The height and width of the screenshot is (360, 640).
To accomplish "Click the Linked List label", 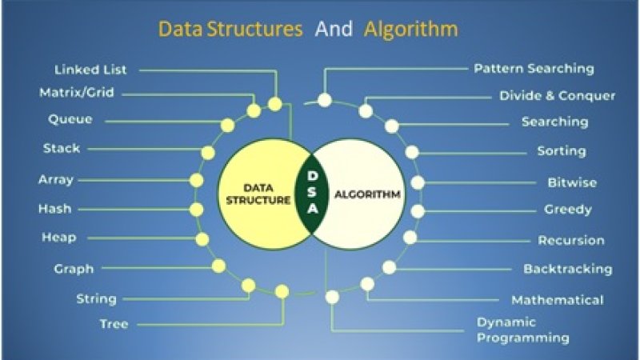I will pos(90,70).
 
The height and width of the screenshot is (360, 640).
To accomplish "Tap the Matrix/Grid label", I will pos(77,93).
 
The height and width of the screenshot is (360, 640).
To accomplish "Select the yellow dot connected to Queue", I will pos(227,125).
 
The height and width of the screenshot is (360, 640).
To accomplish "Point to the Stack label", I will pos(61,148).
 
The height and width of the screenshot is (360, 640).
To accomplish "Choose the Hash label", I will pos(54,209).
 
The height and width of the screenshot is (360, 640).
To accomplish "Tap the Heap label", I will pos(58,238).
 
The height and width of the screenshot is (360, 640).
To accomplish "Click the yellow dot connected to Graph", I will pos(218,266).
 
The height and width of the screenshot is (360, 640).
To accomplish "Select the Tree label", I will pos(114,324).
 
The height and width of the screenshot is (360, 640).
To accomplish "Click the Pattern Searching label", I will pos(534,69).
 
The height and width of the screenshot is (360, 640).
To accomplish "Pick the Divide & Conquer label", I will pos(557,96).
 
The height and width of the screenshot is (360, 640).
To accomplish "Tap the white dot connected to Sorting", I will pos(412,152).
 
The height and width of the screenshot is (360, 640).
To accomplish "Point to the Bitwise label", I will pos(572,182).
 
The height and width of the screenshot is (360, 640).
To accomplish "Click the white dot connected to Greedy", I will pos(418,211).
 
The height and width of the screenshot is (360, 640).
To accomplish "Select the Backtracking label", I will pos(567,269).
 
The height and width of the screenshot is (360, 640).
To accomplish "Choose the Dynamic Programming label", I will pos(522,330).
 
